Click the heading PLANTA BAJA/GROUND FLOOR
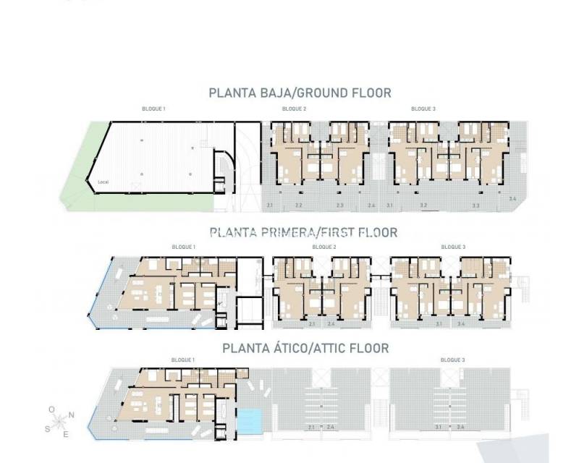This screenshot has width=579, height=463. pos(300,93)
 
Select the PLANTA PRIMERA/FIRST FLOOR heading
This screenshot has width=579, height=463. pos(303,232)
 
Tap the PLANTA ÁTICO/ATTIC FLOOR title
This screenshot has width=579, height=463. pos(305,348)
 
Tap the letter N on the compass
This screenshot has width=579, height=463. pos(71,415)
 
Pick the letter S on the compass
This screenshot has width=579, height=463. pos(48,428)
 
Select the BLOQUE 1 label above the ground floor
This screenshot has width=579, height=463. pos(153,109)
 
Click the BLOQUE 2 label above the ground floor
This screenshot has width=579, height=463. pos(294,109)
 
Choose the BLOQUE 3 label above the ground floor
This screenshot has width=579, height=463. pos(423,109)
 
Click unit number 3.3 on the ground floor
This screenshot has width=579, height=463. pos(476,206)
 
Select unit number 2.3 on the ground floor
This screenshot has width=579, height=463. pos(339,206)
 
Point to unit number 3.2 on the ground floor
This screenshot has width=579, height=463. pos(424,206)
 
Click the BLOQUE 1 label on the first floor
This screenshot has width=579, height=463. pos(183,247)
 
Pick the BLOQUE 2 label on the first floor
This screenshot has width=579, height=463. pos(324,247)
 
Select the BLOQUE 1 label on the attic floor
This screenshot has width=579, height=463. pos(183,360)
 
